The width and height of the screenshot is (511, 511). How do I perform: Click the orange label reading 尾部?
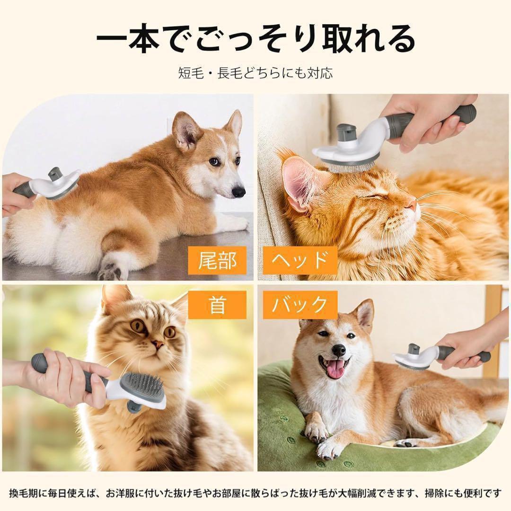tap(217, 260)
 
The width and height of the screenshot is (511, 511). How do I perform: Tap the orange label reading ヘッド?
tap(300, 260)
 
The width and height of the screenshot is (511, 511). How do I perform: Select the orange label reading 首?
tap(217, 305)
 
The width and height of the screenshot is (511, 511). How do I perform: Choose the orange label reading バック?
tap(300, 305)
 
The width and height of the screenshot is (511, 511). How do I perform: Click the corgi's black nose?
tap(238, 192)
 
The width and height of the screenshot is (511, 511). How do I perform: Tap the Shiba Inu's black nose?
tap(339, 350)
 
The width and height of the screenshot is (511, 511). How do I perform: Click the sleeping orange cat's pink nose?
tap(413, 205)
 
